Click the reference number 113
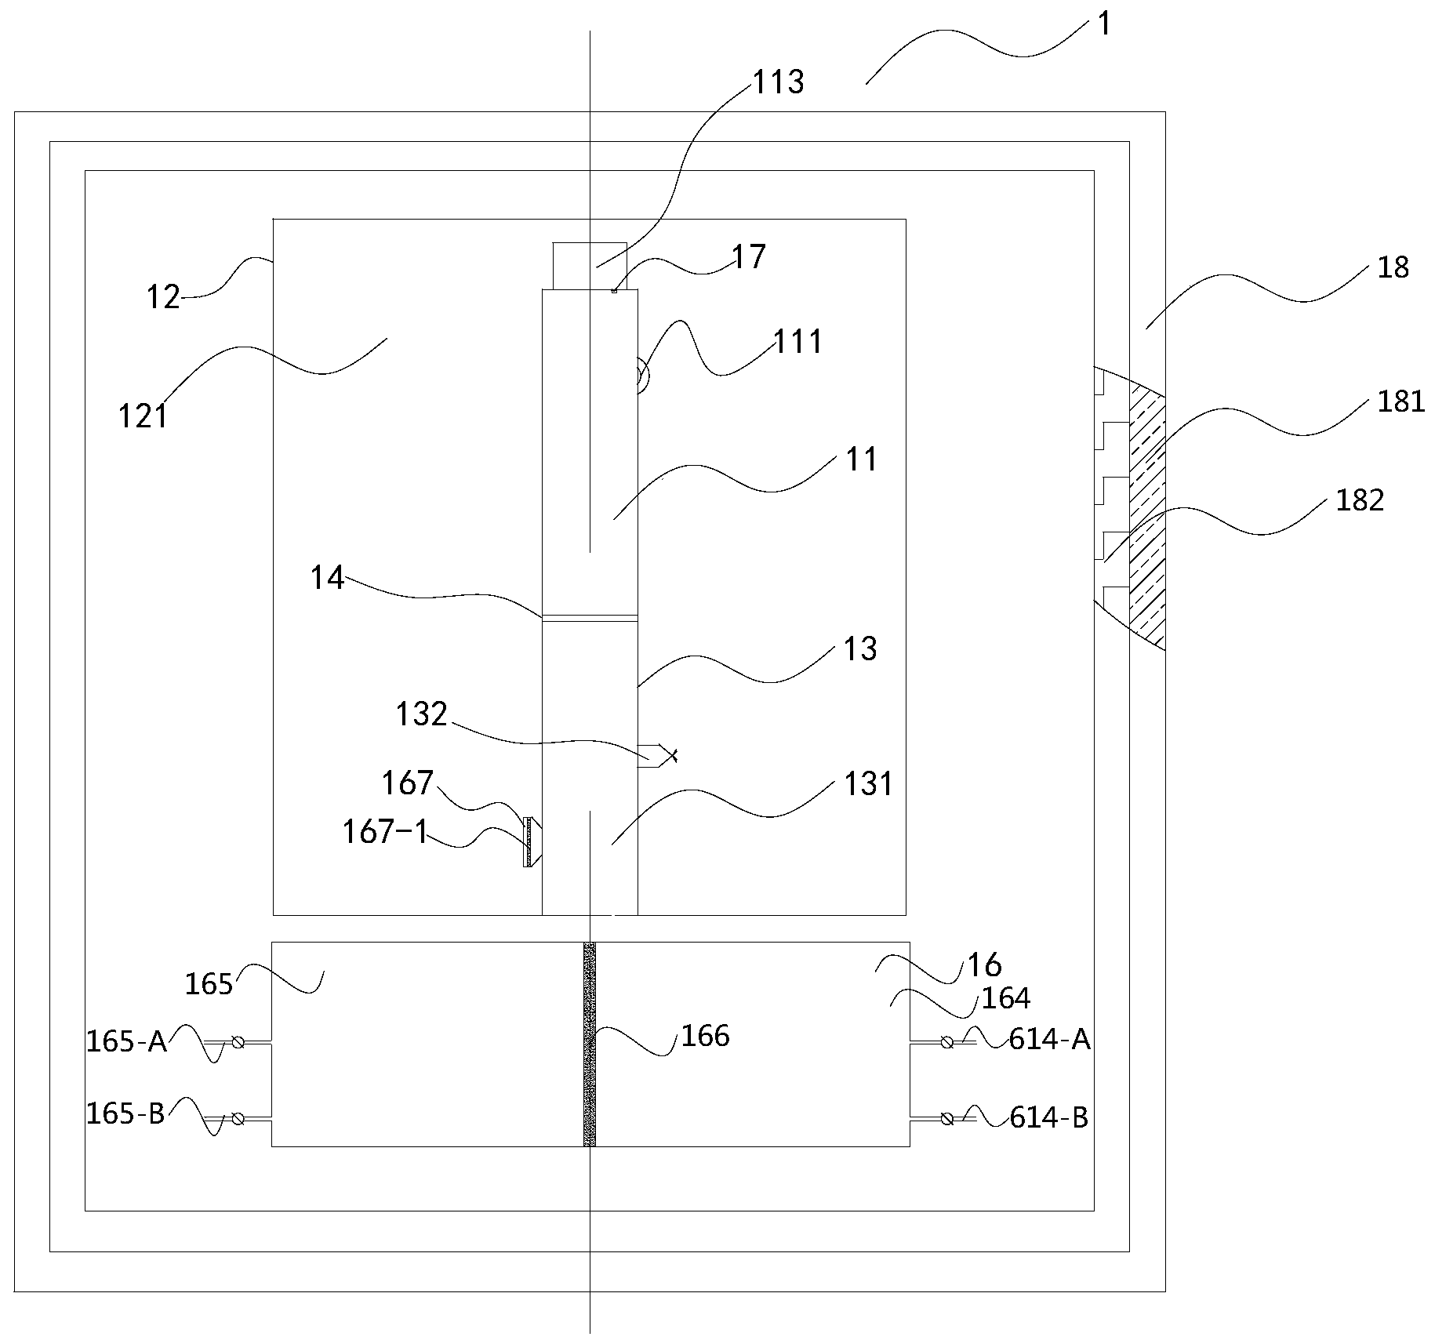click(778, 82)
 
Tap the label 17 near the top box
click(748, 257)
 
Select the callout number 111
click(798, 342)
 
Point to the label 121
click(143, 416)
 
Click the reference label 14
click(327, 578)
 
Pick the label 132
click(421, 714)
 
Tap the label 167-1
click(385, 832)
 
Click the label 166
click(705, 1036)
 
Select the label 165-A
click(126, 1041)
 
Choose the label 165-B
click(125, 1113)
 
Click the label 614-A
click(1049, 1039)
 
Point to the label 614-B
click(1048, 1117)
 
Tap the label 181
click(1400, 402)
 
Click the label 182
click(1360, 500)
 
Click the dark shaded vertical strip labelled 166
click(590, 1044)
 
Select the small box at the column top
click(590, 265)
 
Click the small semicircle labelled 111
click(642, 375)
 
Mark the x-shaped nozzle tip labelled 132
click(670, 755)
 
